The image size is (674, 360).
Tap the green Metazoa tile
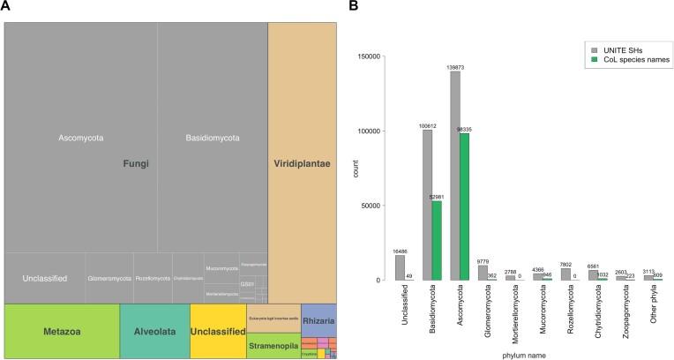click(x=61, y=331)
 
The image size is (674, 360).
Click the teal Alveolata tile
click(x=154, y=331)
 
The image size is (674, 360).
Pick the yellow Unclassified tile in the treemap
click(x=217, y=331)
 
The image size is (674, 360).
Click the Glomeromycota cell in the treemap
click(x=109, y=278)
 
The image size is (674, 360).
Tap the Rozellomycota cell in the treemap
click(x=152, y=278)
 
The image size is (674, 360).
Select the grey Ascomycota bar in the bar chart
click(x=455, y=176)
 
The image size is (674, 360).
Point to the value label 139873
click(x=455, y=67)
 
